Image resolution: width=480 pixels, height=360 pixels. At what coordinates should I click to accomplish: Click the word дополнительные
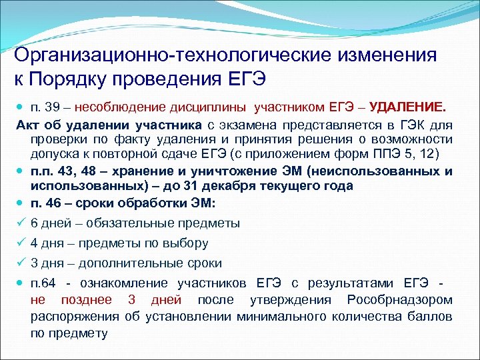(128, 263)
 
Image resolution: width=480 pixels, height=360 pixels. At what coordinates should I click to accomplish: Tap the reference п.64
(43, 284)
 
